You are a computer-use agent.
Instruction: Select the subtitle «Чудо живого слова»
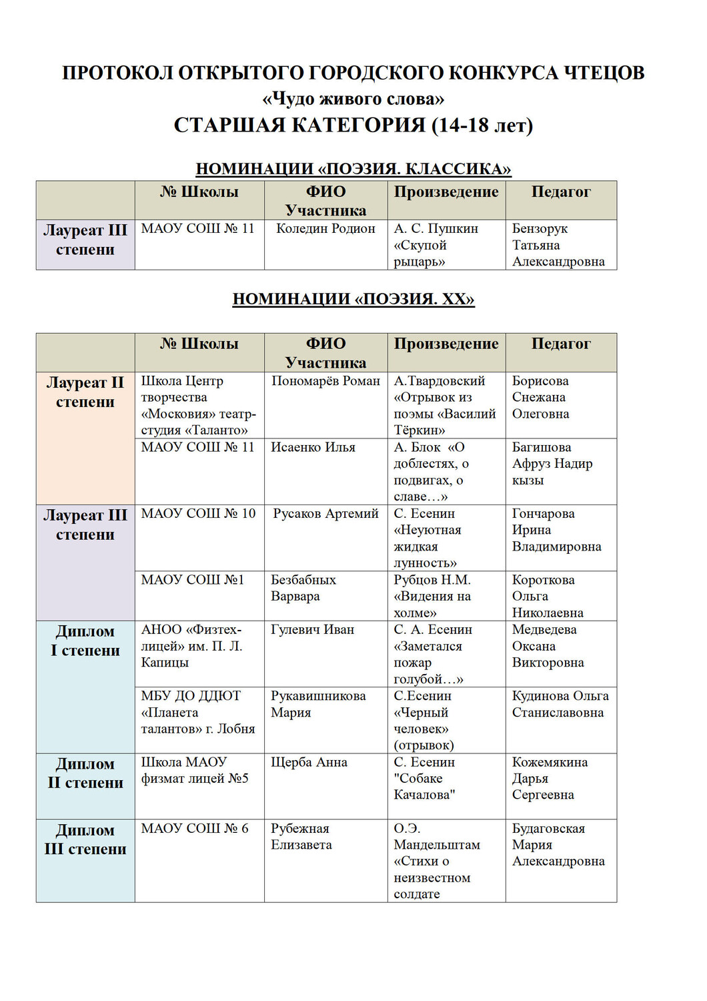tap(353, 99)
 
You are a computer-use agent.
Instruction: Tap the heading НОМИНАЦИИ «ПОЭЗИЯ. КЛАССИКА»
tap(353, 169)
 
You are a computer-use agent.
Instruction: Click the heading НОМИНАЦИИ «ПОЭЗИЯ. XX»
tap(353, 299)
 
